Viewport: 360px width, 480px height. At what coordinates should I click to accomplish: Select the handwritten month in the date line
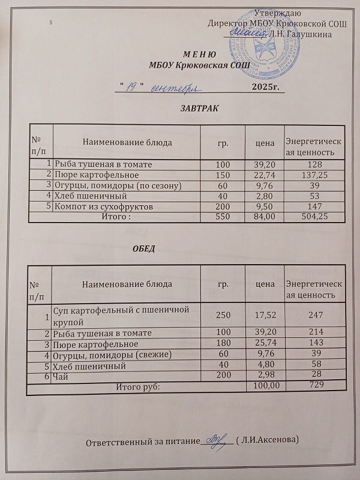tap(174, 88)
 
